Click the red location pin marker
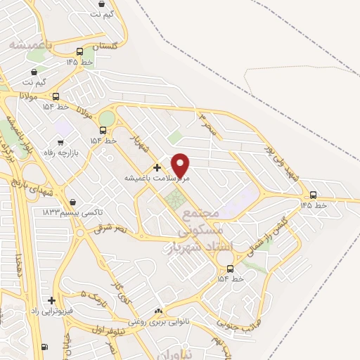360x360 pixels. click(x=181, y=165)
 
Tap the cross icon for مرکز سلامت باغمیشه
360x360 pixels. click(x=156, y=167)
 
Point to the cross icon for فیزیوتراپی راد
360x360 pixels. click(x=51, y=300)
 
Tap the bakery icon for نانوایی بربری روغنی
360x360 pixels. click(x=158, y=311)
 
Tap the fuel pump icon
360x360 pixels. click(x=45, y=347)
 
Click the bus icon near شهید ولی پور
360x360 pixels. click(x=313, y=195)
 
